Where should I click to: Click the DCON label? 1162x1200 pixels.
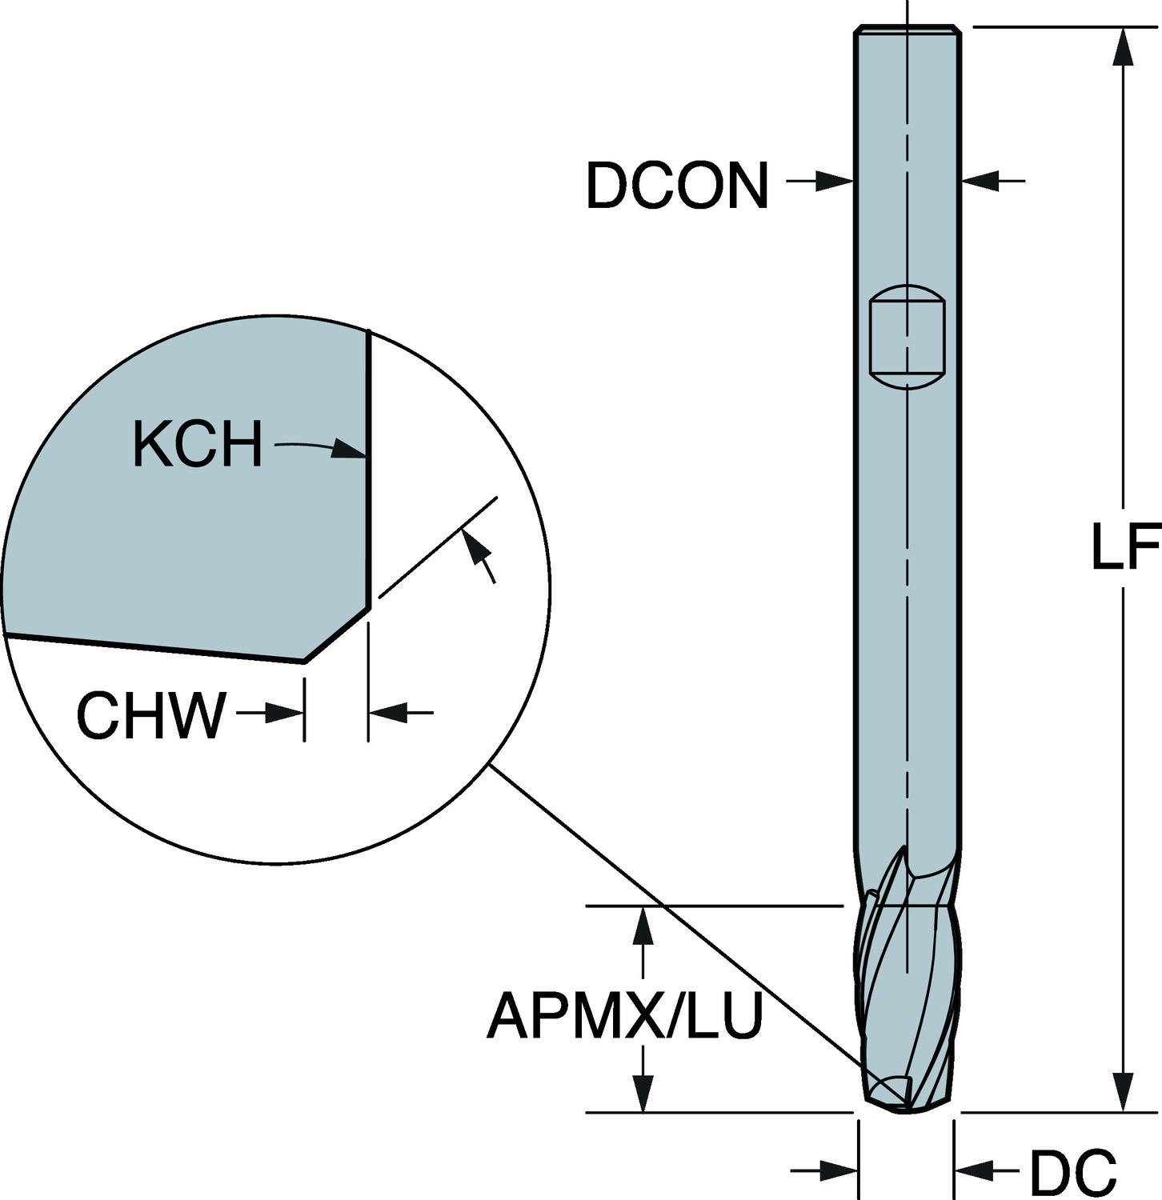677,186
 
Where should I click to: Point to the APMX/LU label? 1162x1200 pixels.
625,1015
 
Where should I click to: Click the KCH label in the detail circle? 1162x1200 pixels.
198,445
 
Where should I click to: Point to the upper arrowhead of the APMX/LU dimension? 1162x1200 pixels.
642,924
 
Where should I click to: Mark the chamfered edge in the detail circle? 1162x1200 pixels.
337,634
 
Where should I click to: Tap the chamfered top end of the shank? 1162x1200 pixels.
908,30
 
